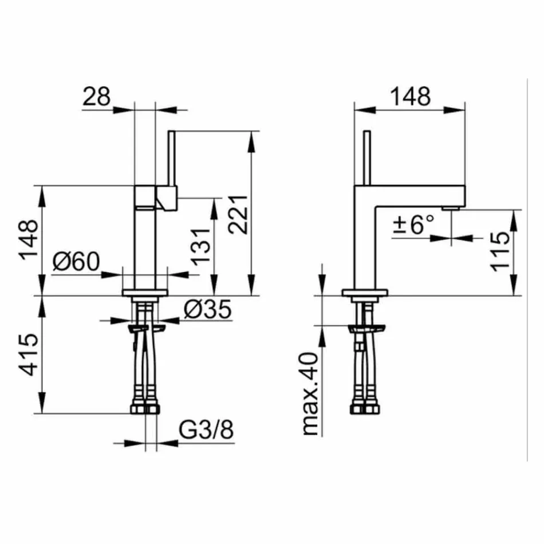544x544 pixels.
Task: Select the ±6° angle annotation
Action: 414,224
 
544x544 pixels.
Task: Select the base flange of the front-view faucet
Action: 145,293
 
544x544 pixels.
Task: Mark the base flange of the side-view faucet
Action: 364,293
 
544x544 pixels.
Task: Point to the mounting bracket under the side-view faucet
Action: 366,329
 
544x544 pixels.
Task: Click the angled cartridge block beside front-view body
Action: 167,198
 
